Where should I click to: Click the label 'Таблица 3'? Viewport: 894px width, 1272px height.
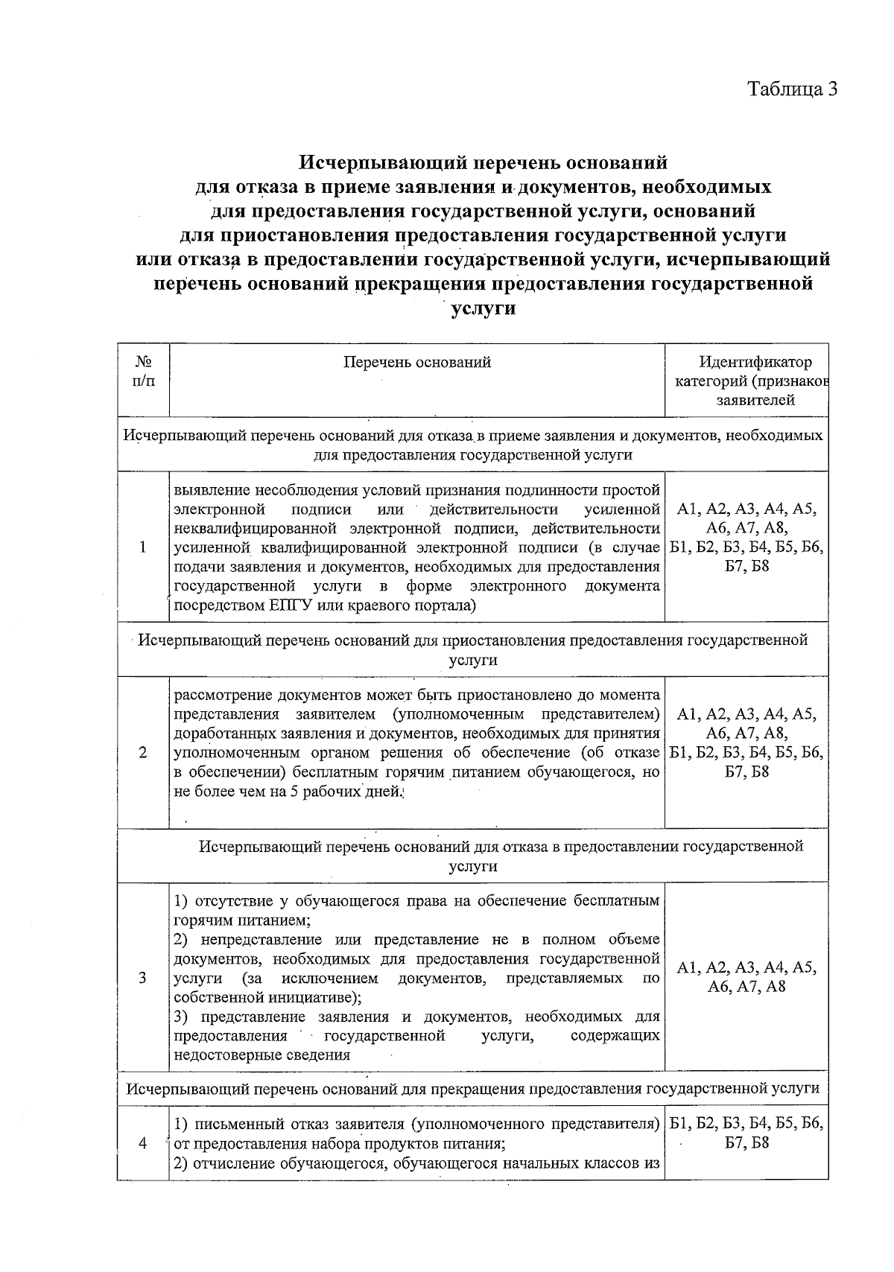[793, 89]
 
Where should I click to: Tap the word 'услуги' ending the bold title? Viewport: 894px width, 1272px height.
[484, 308]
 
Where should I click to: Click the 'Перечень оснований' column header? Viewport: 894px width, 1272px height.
[417, 362]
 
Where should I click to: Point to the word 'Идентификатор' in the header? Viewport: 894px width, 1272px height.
[755, 362]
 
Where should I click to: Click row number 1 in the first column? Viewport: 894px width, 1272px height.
[142, 547]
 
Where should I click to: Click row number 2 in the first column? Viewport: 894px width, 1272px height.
[142, 752]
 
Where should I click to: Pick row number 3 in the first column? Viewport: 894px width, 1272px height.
[142, 977]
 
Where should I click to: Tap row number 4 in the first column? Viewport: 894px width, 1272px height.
[142, 1144]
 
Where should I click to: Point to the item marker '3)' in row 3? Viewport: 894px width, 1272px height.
[181, 1017]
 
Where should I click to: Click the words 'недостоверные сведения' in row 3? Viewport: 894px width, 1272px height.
[261, 1055]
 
